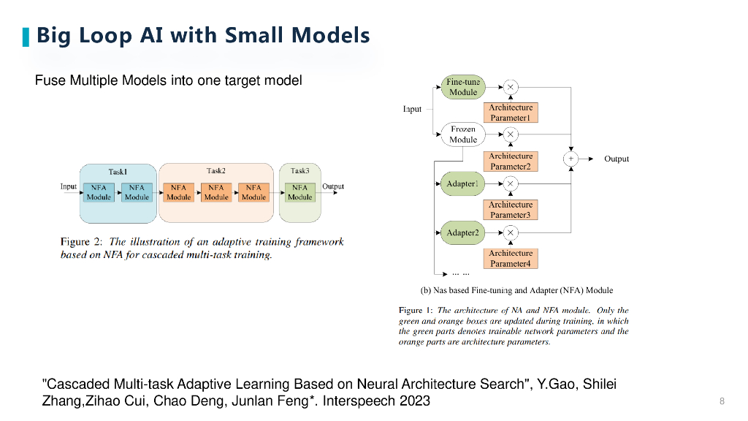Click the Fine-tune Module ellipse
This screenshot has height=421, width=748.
(x=463, y=87)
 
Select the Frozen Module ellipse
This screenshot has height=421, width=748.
(x=463, y=134)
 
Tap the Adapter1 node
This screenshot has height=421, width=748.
(x=462, y=183)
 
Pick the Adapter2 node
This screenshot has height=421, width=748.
(x=462, y=232)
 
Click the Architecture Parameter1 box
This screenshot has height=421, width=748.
(x=511, y=113)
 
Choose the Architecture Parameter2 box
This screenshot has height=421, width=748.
(x=511, y=161)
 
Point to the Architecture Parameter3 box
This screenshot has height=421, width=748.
(x=511, y=210)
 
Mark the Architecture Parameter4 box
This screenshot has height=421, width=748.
(x=511, y=258)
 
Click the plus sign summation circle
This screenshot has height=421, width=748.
(x=570, y=159)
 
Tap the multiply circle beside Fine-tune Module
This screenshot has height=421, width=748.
(x=511, y=87)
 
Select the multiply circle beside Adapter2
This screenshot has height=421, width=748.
(x=511, y=232)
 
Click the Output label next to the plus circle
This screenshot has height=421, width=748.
(x=617, y=159)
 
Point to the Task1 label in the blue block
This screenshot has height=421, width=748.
(x=118, y=172)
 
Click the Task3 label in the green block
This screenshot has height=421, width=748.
(x=299, y=171)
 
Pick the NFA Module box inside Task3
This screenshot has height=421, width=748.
(x=299, y=192)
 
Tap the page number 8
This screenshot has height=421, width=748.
(x=722, y=401)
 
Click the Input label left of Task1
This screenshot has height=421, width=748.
(x=69, y=186)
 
